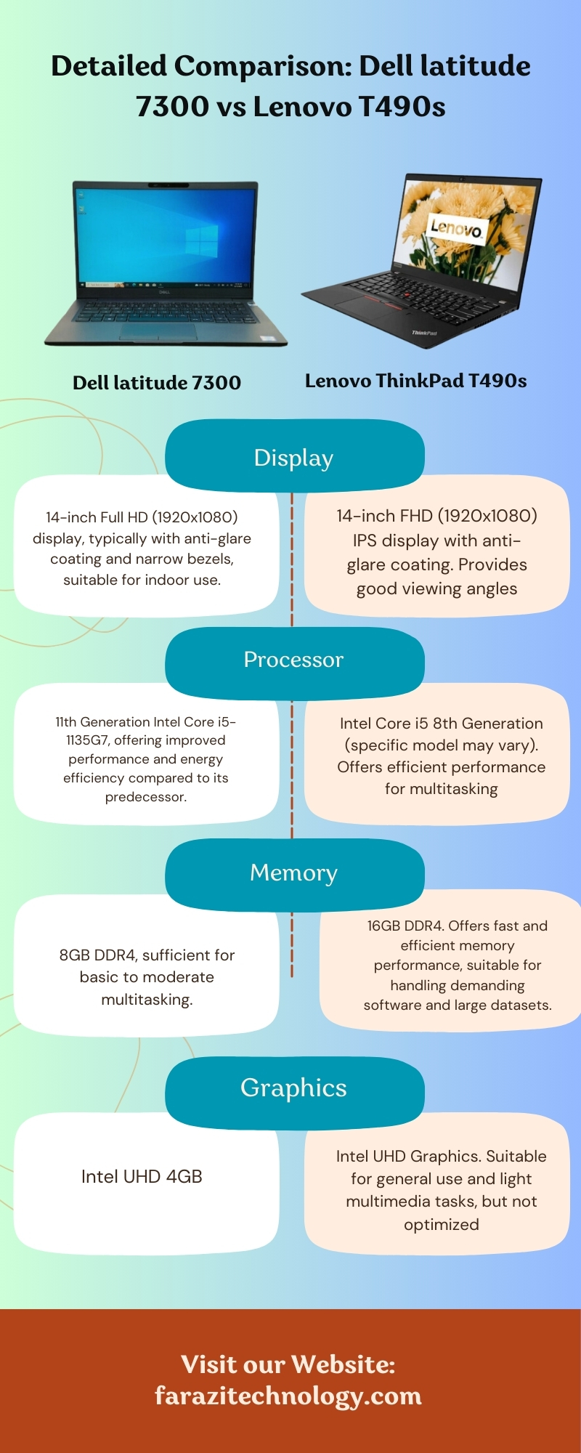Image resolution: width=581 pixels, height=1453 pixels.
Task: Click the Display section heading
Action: click(293, 458)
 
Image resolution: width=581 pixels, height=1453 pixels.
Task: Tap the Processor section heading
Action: click(293, 660)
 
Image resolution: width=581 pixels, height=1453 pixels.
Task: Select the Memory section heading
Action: click(293, 873)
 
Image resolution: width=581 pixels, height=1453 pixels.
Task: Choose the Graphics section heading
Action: click(293, 1088)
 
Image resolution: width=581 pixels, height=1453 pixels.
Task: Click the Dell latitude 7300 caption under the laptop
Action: click(157, 383)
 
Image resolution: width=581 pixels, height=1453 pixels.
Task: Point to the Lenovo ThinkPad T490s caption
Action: click(415, 381)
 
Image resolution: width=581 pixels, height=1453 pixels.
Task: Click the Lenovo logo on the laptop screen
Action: click(455, 228)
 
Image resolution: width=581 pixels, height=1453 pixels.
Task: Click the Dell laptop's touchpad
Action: click(158, 331)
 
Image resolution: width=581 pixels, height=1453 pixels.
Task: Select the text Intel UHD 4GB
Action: click(142, 1177)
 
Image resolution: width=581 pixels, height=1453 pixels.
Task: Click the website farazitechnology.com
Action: click(288, 1396)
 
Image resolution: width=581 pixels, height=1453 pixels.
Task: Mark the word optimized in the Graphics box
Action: click(441, 1224)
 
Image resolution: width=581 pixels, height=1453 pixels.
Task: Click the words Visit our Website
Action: click(288, 1364)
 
